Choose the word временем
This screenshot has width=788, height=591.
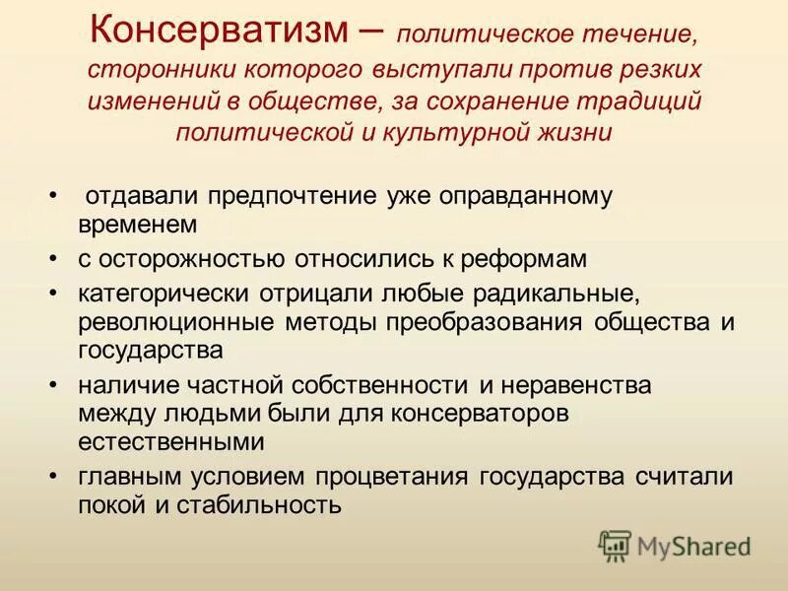138,224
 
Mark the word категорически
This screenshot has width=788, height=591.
164,295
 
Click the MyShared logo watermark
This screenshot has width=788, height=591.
675,545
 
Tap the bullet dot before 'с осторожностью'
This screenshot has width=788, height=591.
53,259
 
